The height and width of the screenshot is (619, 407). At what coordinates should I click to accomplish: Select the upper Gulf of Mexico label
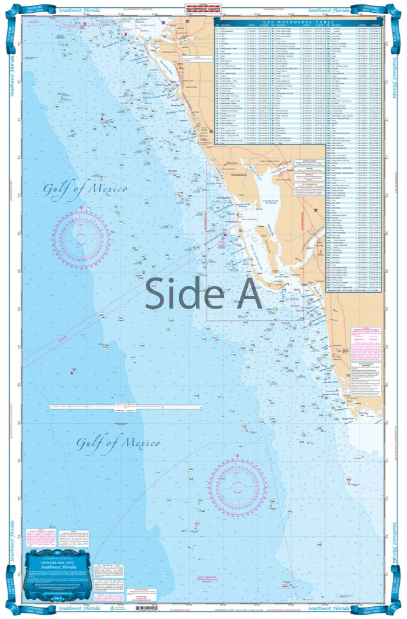(85, 188)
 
